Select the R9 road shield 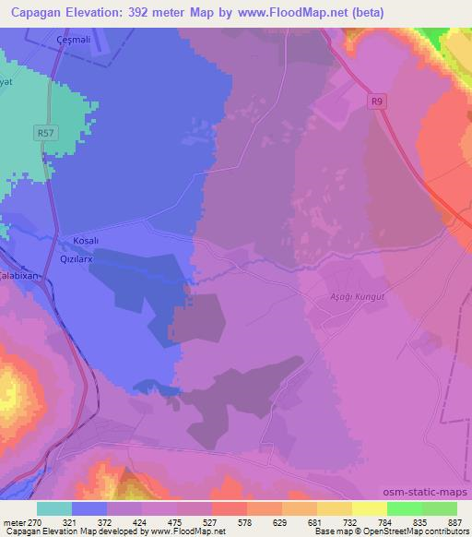376,101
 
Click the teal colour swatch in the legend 54,508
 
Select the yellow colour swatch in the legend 368,508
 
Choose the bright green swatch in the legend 403,508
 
